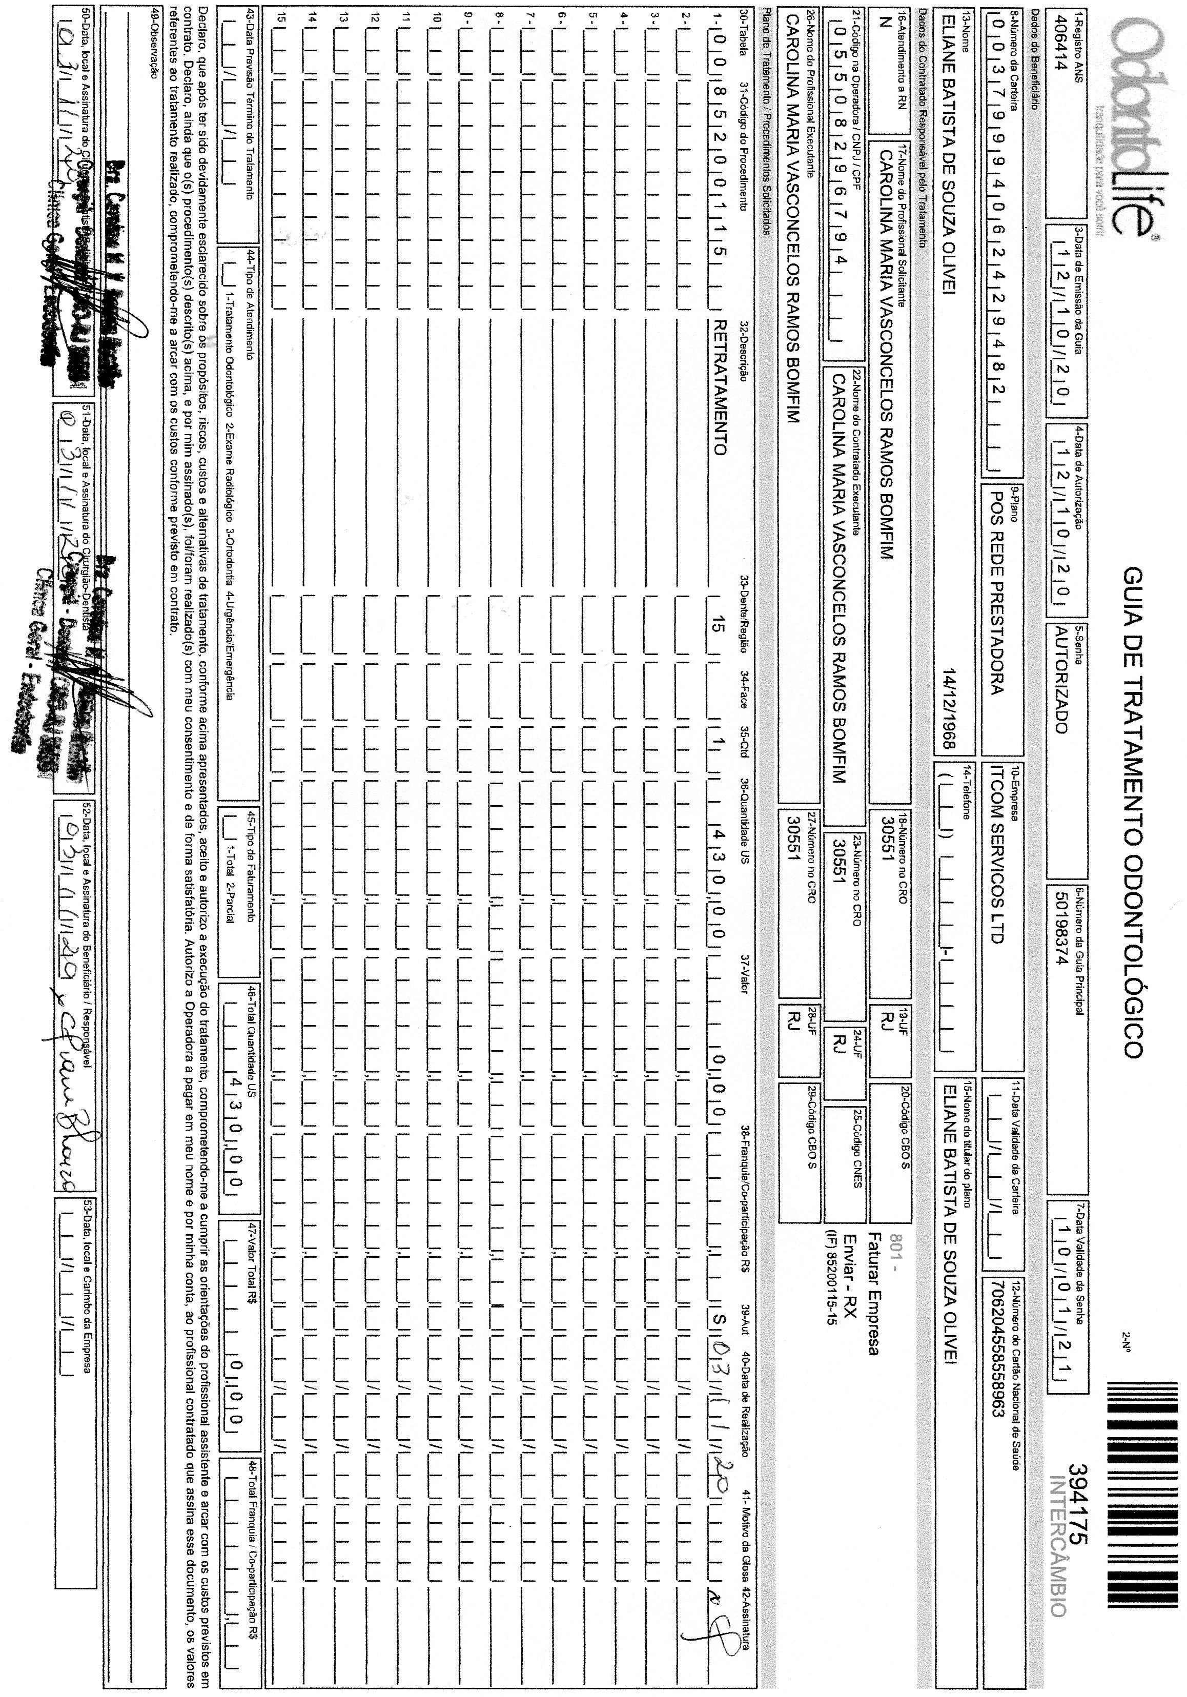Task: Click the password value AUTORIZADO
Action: point(1060,680)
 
